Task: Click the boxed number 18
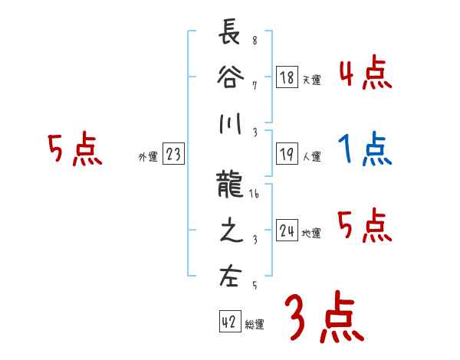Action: point(287,77)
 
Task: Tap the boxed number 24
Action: point(287,231)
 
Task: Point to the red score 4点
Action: point(364,74)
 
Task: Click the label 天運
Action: point(311,80)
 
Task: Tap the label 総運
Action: point(255,325)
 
